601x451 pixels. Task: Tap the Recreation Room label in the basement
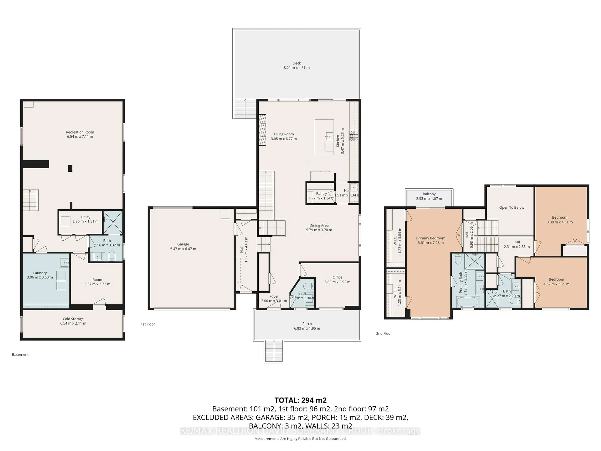[80, 132]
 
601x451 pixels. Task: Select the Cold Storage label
[73, 319]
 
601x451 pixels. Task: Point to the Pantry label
[321, 194]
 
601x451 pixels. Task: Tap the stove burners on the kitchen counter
[354, 136]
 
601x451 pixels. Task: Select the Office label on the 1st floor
[337, 277]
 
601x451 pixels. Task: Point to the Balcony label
[429, 194]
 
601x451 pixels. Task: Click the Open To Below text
[512, 207]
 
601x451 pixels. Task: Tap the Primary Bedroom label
[431, 238]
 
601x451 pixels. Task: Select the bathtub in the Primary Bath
[468, 302]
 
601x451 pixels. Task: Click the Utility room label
[85, 217]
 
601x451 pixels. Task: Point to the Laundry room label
[40, 273]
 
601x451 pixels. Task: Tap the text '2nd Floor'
[384, 334]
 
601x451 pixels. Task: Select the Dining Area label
[319, 225]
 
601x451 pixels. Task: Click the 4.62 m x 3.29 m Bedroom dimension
[556, 284]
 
